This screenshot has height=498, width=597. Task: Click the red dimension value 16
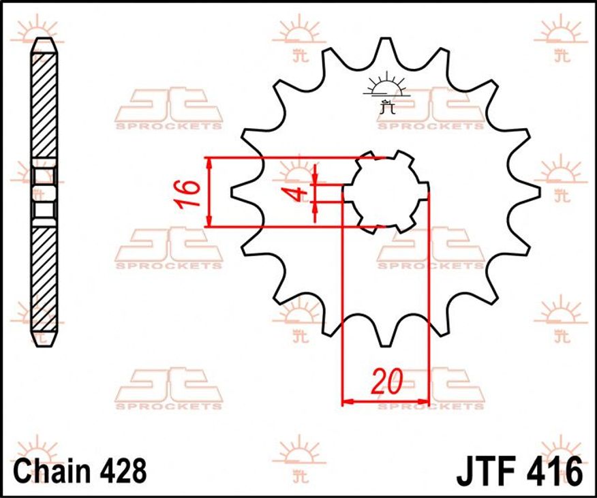[x=187, y=193]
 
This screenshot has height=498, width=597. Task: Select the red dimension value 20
[x=387, y=381]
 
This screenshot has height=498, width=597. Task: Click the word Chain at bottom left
[x=49, y=471]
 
